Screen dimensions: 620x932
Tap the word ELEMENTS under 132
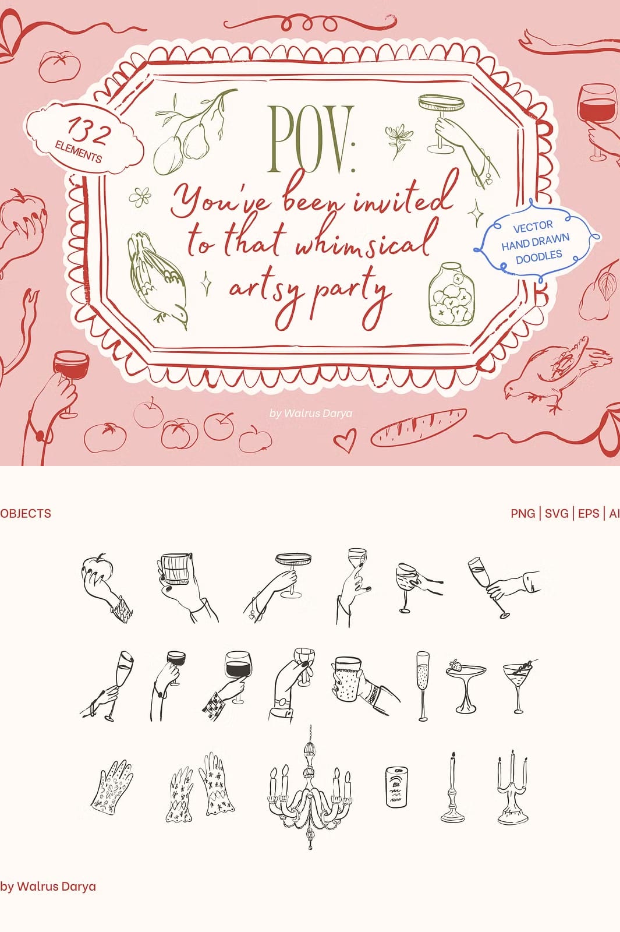78,152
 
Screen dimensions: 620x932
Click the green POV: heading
311,139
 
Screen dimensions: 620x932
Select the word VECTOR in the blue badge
533,227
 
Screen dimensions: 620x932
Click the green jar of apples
451,295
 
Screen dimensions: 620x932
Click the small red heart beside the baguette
345,440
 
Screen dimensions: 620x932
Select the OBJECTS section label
26,513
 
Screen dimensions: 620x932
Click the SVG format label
557,513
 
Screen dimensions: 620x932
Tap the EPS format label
589,513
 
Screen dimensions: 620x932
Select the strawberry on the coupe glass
456,665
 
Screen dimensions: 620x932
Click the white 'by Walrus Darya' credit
311,413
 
